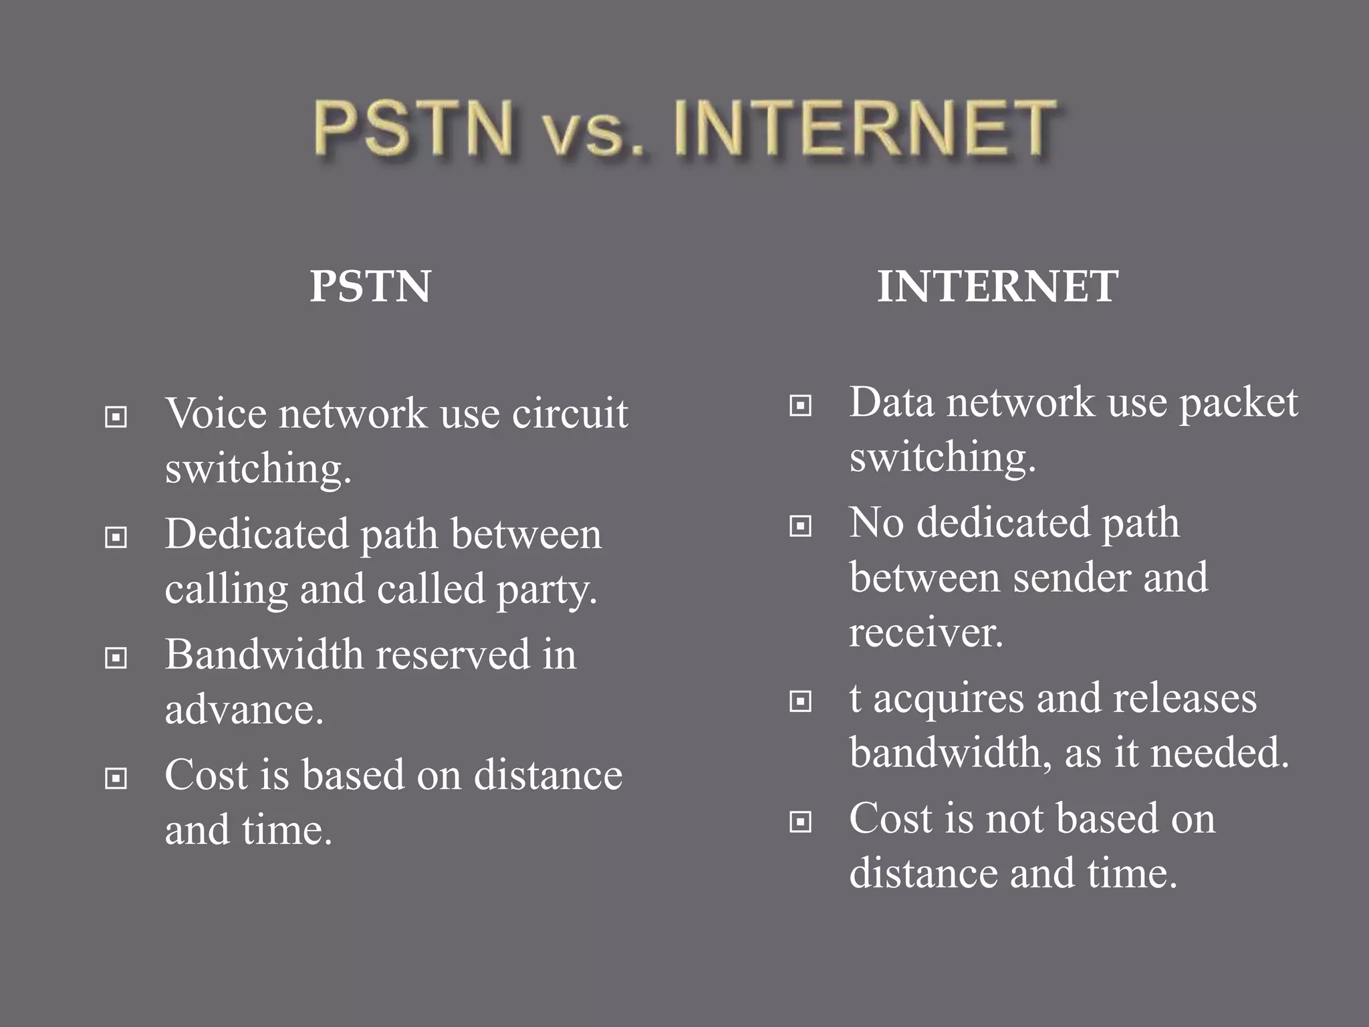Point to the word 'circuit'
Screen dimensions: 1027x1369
tap(570, 413)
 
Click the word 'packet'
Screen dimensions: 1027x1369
tap(1238, 404)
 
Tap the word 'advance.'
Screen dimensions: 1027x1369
tap(244, 709)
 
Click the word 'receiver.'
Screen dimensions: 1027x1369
tap(926, 632)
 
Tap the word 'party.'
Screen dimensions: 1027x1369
tap(547, 589)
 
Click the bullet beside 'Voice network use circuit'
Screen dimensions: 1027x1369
tap(116, 417)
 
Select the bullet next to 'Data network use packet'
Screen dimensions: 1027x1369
tap(800, 405)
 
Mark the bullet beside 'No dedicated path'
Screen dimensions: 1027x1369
tap(800, 526)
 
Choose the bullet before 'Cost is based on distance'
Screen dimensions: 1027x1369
tap(116, 778)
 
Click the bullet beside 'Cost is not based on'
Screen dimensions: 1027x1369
tap(800, 822)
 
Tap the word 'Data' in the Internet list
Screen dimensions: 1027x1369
tap(891, 403)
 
